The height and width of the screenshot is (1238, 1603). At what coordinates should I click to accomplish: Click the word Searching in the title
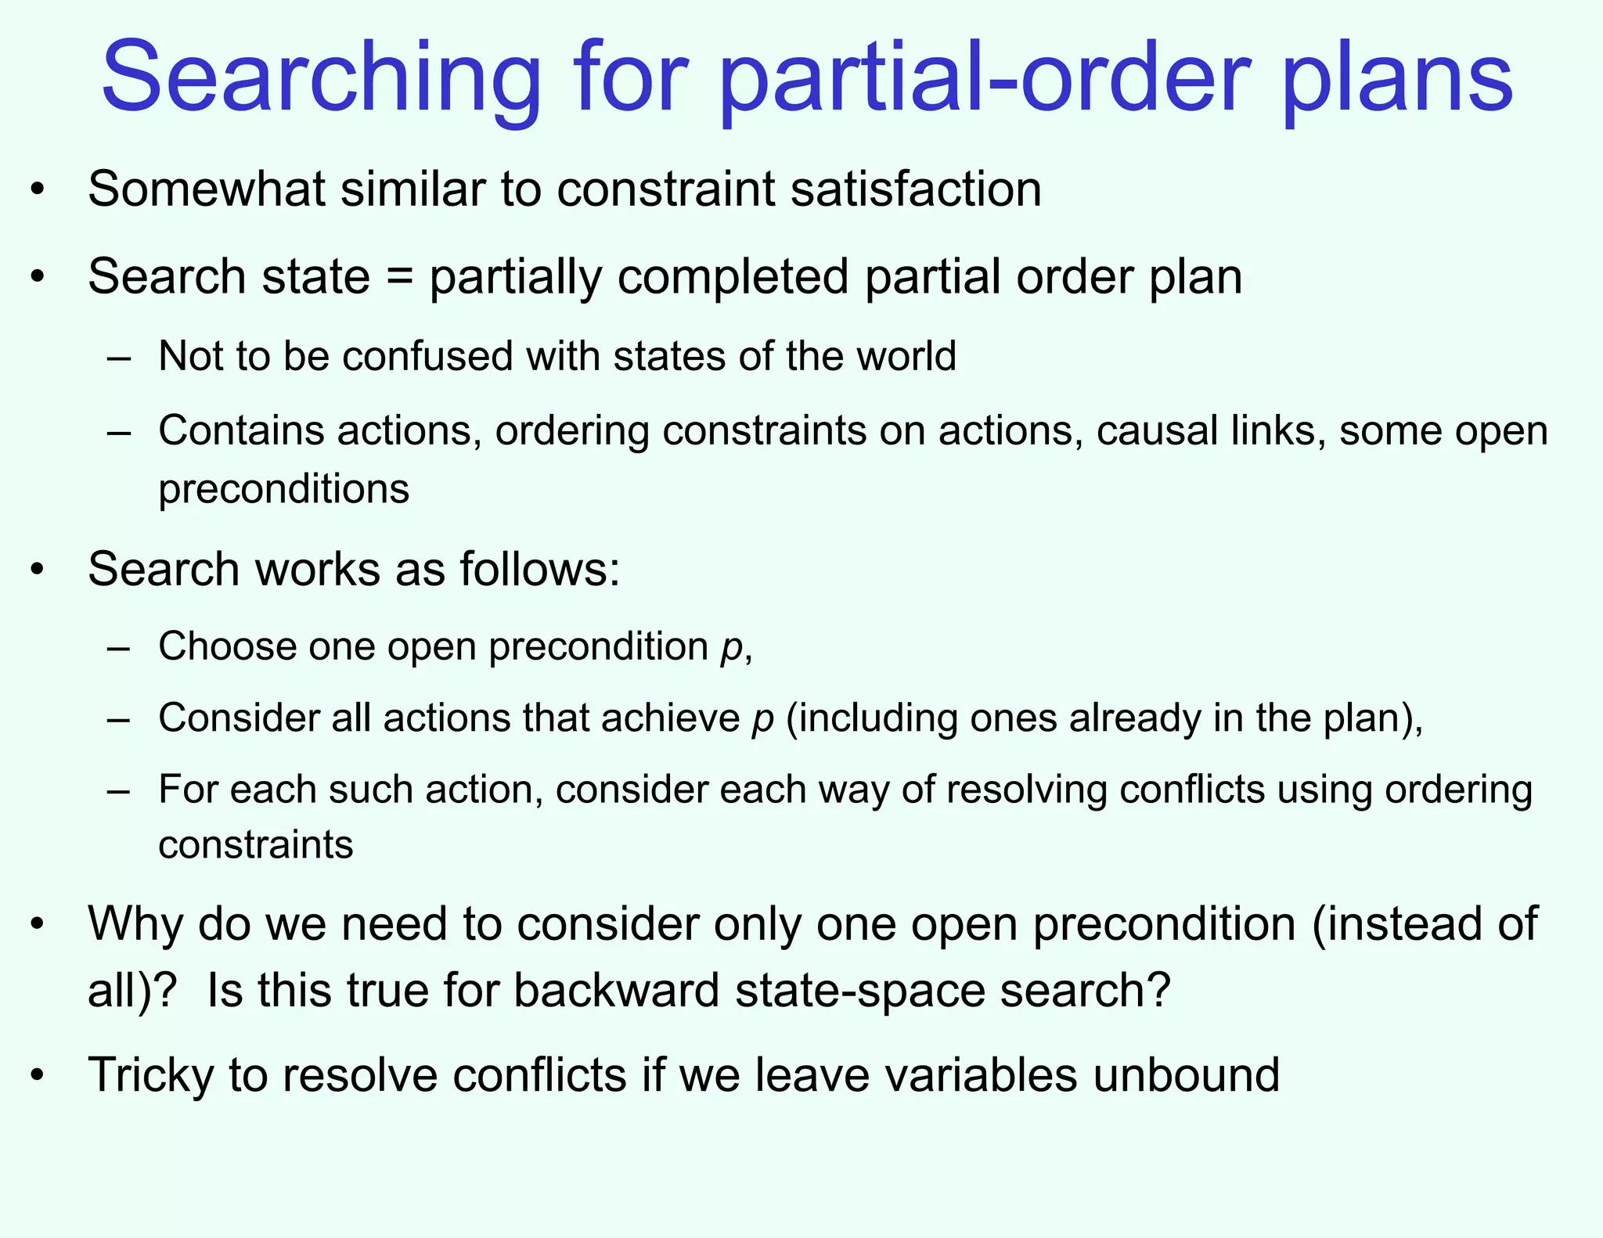coord(321,78)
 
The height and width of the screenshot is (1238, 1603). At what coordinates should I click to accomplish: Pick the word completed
coord(733,277)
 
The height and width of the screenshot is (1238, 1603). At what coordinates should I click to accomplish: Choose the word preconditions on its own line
coord(283,489)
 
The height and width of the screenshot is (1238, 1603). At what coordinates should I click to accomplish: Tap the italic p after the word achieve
coord(762,718)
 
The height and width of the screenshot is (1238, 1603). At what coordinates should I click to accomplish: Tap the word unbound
coord(1186,1074)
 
